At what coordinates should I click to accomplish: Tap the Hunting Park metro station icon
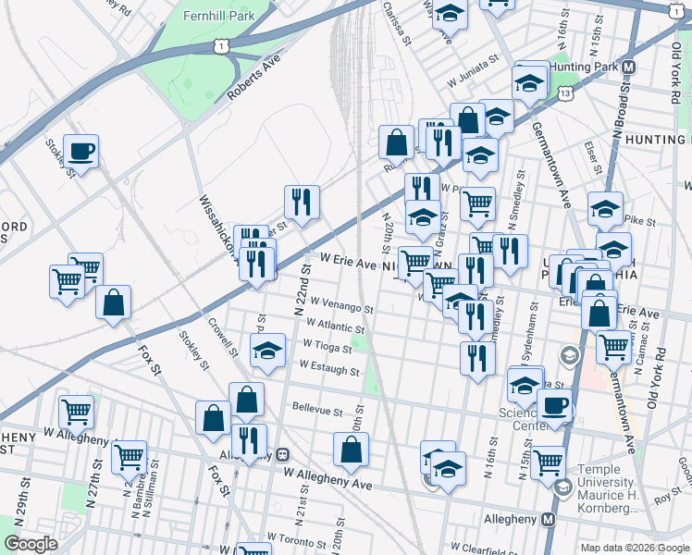[x=629, y=68]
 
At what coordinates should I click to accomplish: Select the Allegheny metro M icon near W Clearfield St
[x=548, y=520]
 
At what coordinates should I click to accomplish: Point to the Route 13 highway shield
[x=565, y=93]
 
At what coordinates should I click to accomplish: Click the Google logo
[x=31, y=544]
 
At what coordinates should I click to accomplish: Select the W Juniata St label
[x=475, y=82]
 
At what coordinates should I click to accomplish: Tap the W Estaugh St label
[x=328, y=369]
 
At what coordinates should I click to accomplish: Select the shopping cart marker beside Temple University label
[x=548, y=460]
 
